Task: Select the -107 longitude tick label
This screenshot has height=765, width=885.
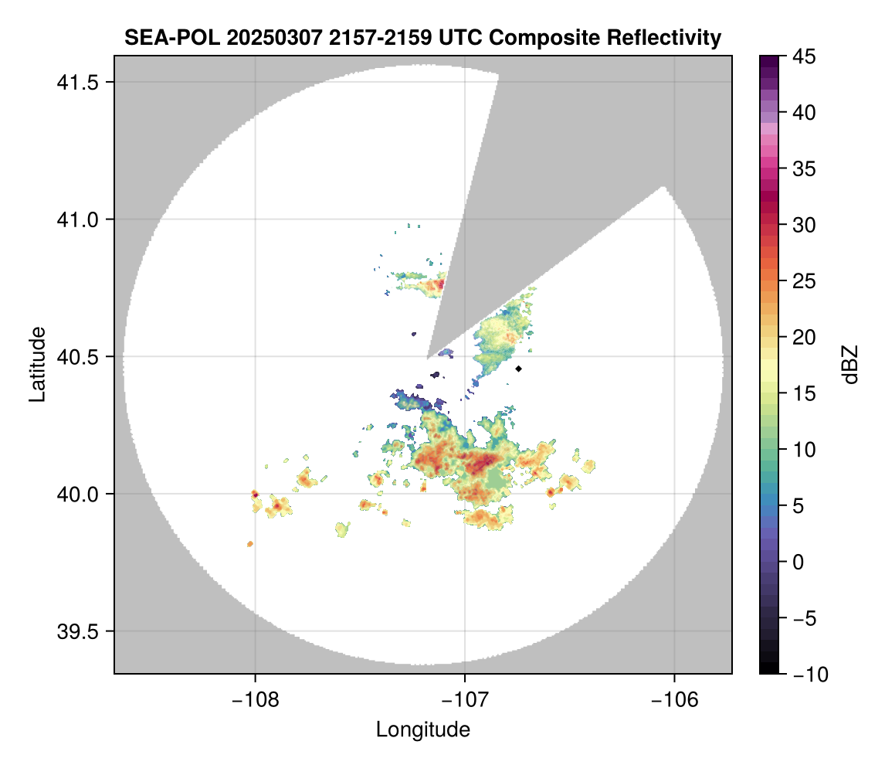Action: point(465,699)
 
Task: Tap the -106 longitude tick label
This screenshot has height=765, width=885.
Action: point(675,699)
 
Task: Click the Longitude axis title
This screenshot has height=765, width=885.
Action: point(423,729)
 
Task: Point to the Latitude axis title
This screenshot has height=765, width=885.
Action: point(36,364)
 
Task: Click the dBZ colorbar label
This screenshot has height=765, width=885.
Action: point(850,364)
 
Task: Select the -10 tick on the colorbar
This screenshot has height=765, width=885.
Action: point(806,675)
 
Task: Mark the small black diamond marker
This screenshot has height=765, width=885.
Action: point(519,369)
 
